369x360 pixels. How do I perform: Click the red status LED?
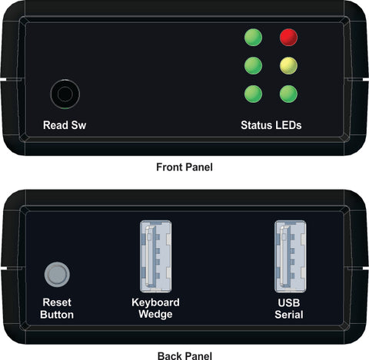(288, 38)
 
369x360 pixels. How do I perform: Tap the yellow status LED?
(288, 66)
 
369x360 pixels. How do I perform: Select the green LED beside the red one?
(253, 38)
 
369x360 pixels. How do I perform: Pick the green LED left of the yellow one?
(253, 66)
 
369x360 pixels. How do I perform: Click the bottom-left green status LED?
(253, 94)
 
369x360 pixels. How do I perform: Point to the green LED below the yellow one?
(288, 94)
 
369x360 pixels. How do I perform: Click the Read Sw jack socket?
(65, 94)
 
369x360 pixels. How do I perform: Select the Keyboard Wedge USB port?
(156, 256)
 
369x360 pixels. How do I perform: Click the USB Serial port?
(291, 256)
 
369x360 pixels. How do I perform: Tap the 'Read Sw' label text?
(65, 125)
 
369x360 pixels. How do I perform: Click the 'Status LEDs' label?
(271, 125)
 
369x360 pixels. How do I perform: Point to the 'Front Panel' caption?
(184, 167)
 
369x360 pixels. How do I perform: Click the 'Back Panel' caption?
(184, 355)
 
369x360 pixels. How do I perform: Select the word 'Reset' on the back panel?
(57, 302)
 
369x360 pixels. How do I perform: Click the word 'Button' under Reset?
(57, 315)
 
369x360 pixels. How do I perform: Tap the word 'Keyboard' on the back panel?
(155, 302)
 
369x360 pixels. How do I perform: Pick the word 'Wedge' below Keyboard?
(155, 315)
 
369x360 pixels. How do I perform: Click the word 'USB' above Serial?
(289, 302)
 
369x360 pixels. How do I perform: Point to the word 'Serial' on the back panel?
(289, 315)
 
